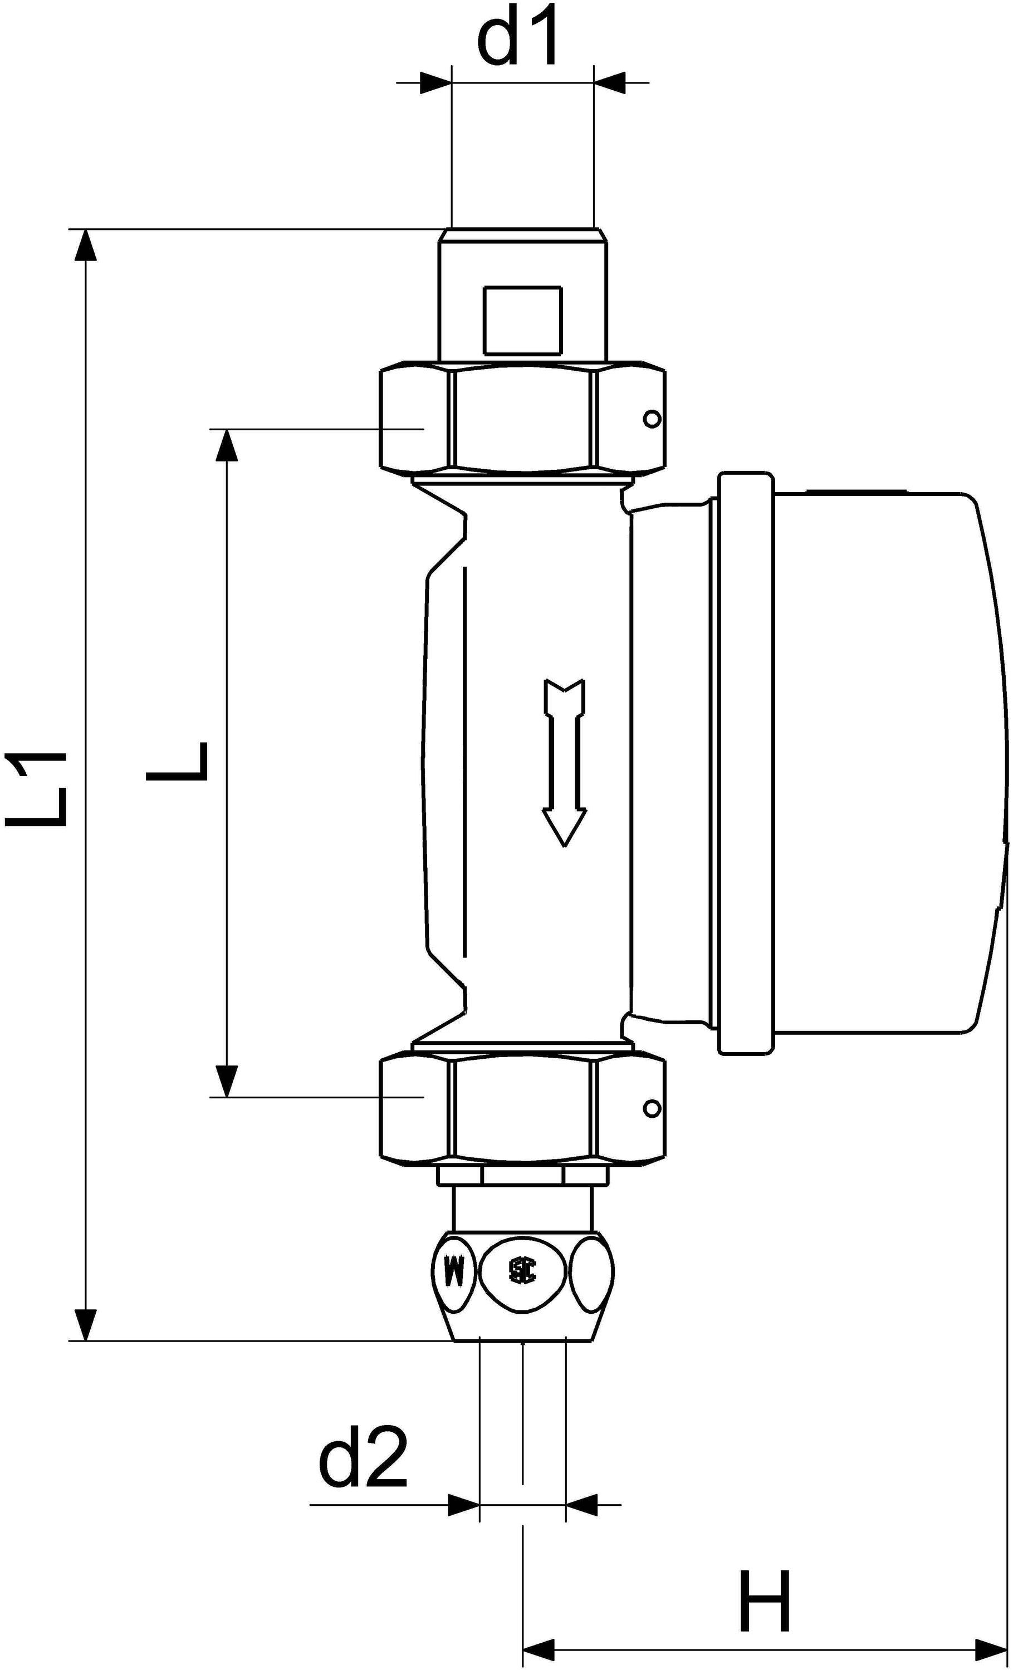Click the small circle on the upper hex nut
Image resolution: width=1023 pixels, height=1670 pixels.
[652, 420]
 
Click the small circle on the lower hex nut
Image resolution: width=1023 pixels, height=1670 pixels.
[652, 1108]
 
